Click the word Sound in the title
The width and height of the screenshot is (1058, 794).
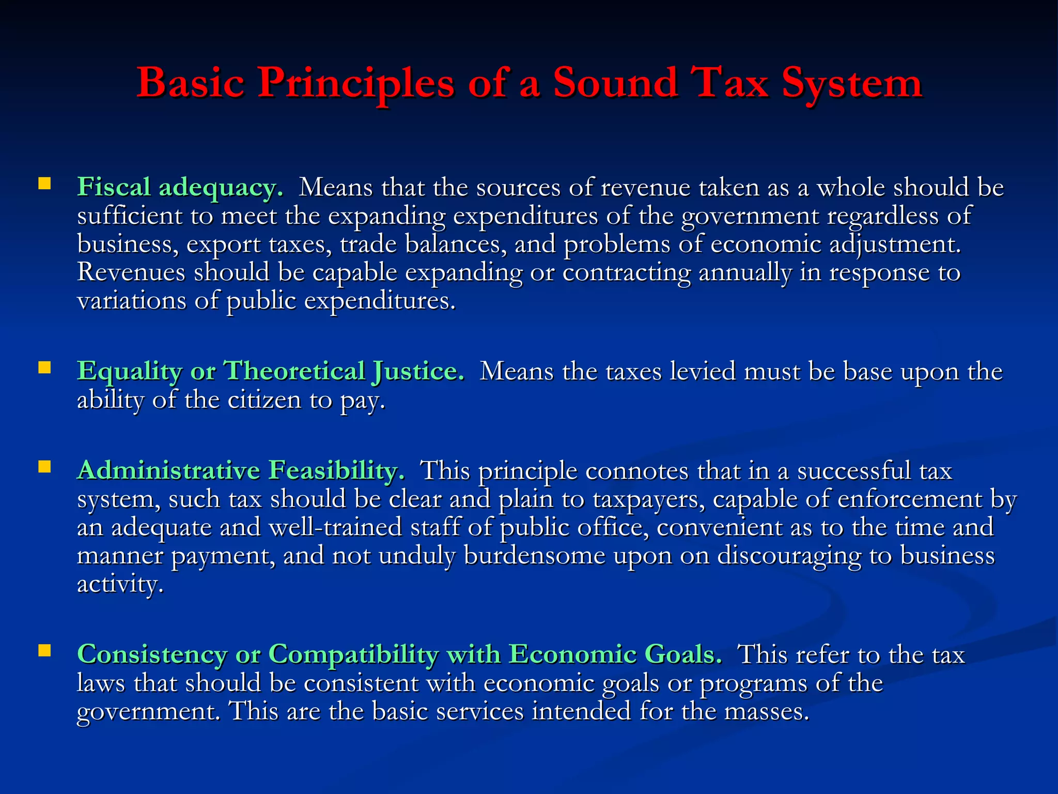pos(615,83)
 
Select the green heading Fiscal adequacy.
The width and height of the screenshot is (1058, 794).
pos(180,187)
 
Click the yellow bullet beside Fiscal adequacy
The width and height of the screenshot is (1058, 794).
pos(44,184)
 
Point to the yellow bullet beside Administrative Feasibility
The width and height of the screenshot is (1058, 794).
pos(44,467)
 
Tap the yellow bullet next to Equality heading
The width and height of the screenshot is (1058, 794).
pos(44,368)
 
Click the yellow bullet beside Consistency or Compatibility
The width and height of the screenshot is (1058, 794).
pos(44,651)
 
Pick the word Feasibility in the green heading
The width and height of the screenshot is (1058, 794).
pos(336,470)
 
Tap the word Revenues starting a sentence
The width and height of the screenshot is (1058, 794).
pos(131,272)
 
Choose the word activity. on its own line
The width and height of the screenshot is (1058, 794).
pos(120,584)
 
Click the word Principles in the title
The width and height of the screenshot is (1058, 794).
pos(356,83)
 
